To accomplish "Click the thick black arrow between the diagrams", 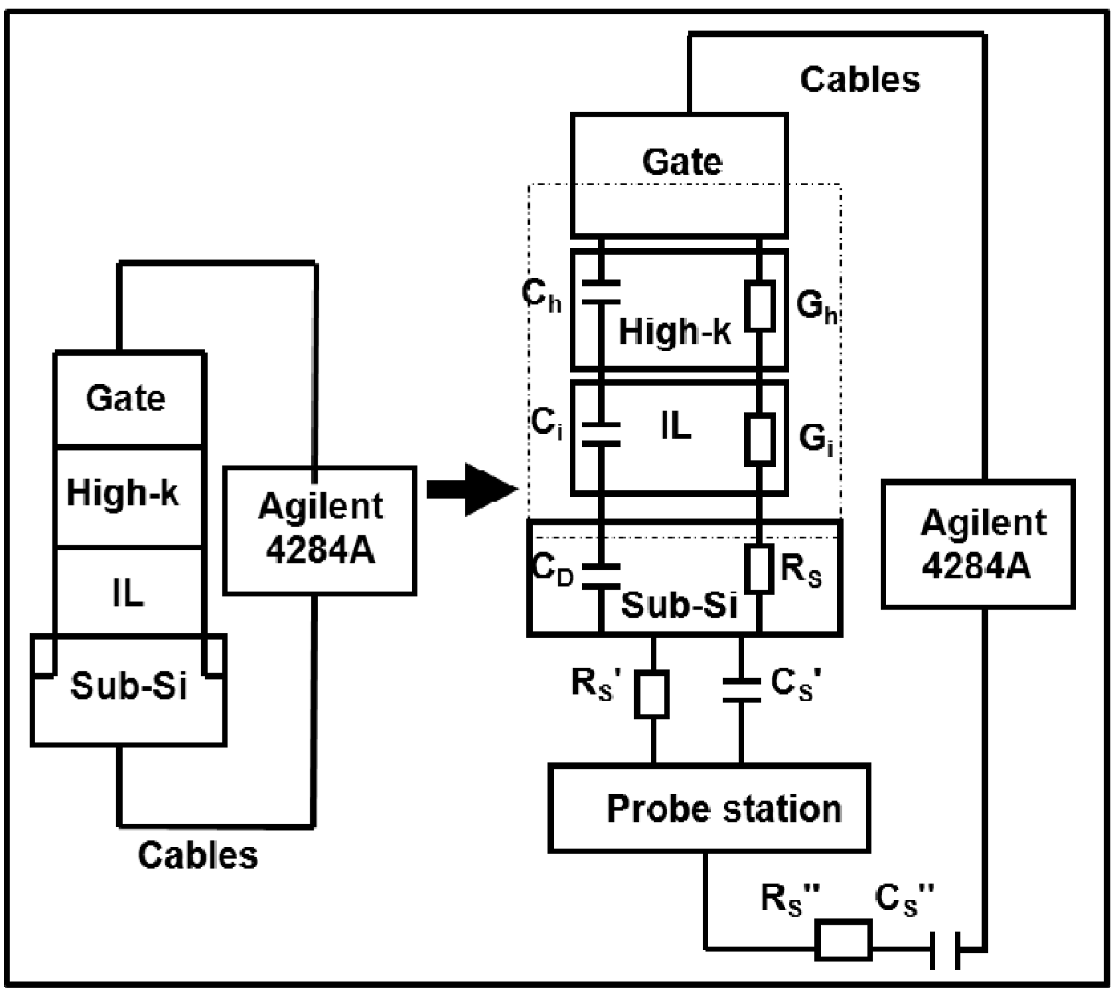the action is point(471,490).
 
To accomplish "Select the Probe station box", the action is point(709,808).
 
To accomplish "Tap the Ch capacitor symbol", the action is point(601,293).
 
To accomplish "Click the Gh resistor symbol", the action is point(760,306).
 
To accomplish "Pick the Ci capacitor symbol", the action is point(601,434).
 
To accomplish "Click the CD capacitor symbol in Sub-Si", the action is point(601,576).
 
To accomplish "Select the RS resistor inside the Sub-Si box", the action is point(760,568).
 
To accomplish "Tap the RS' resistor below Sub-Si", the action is point(652,694).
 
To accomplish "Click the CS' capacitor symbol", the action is point(741,690).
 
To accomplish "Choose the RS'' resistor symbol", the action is point(843,940).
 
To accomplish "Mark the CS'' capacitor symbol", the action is point(944,950).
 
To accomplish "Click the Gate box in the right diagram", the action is point(679,175).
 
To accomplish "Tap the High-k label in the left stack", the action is point(123,493).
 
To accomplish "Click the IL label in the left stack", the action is point(128,592).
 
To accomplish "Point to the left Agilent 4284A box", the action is point(320,530).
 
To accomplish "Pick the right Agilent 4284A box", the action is point(978,545).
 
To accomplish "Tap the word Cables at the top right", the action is point(860,79).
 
